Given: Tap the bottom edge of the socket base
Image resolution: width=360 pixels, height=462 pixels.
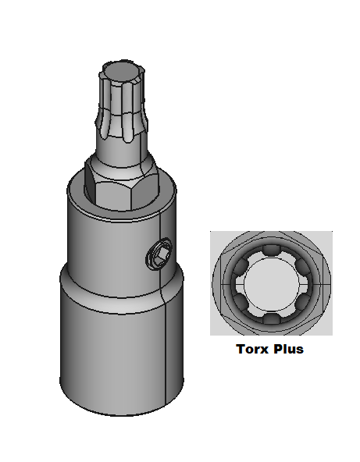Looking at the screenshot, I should (117, 413).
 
